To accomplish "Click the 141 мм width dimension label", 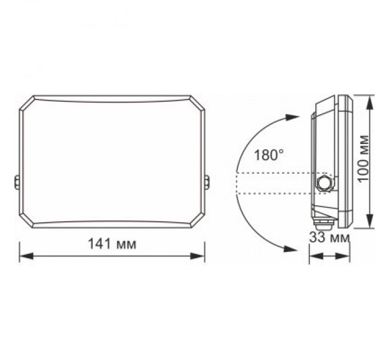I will pyautogui.click(x=112, y=244).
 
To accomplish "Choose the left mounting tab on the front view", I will pyautogui.click(x=16, y=182).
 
